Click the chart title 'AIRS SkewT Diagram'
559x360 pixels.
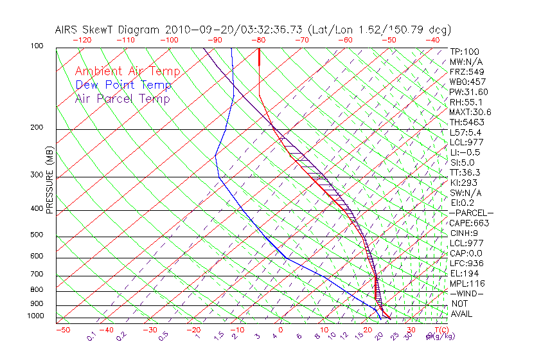tap(108, 30)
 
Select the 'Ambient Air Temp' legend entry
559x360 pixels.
tap(127, 72)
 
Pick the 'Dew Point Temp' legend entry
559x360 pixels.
tap(123, 85)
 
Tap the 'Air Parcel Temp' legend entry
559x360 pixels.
tap(123, 99)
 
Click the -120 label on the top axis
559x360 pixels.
tap(82, 40)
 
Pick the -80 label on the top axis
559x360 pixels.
tap(259, 40)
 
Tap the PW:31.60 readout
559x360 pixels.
tap(469, 92)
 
